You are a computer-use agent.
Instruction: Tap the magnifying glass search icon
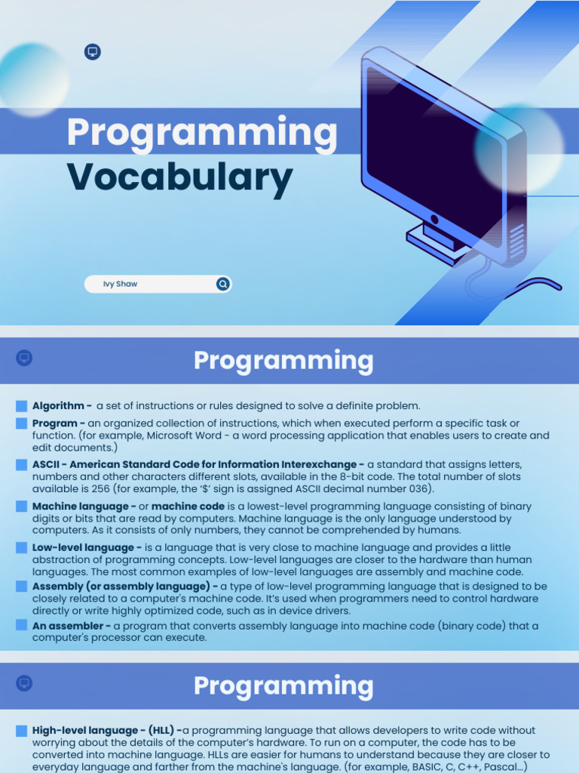click(223, 284)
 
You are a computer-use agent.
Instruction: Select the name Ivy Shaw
click(120, 284)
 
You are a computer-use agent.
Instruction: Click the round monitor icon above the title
click(93, 52)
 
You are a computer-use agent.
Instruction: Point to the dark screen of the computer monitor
click(433, 148)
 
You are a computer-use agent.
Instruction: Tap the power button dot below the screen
click(434, 219)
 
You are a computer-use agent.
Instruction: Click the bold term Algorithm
click(58, 405)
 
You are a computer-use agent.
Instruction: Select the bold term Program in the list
click(54, 423)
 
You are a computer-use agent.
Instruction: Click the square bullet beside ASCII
click(21, 465)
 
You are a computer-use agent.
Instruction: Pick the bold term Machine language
click(80, 507)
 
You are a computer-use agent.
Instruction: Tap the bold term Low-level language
click(83, 548)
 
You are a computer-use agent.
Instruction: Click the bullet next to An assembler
click(21, 625)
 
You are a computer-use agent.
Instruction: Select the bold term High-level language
click(85, 730)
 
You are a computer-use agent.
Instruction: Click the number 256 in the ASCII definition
click(100, 488)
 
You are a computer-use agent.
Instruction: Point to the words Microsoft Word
click(184, 436)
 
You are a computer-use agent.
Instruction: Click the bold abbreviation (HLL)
click(161, 730)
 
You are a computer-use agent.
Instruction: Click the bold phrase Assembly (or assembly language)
click(121, 587)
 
